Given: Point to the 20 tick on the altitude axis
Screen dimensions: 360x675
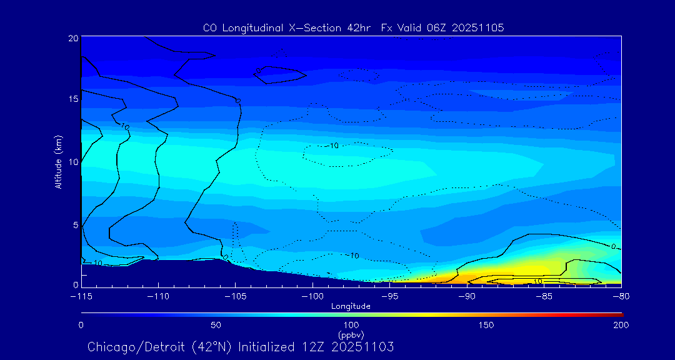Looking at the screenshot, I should click(72, 38).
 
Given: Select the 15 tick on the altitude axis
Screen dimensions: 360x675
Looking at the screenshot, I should click(72, 99).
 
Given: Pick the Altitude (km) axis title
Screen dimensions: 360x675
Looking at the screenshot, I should click(58, 162).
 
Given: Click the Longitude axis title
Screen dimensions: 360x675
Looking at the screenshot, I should click(351, 306).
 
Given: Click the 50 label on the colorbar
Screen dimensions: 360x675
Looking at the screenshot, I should click(216, 325).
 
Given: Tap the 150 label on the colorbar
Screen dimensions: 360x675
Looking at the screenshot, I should click(486, 325).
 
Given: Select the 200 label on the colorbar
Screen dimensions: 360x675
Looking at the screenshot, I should click(621, 325).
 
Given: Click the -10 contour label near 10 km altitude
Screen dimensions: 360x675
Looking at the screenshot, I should click(332, 146).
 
